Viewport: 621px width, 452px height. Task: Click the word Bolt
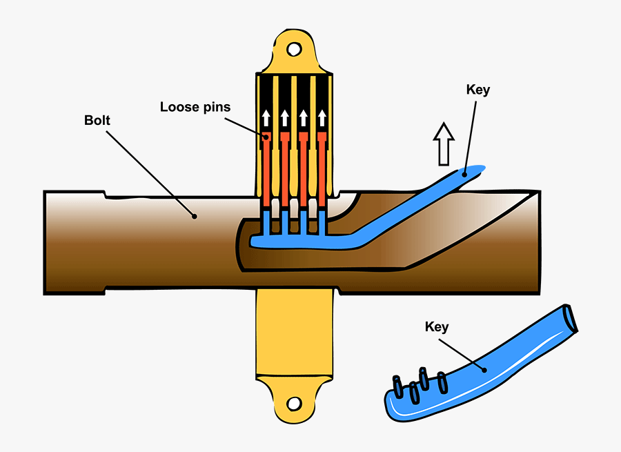tap(97, 121)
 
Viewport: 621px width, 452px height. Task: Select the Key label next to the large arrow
tap(477, 90)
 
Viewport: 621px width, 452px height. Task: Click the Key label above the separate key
tap(437, 326)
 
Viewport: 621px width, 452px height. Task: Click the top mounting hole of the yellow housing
tap(295, 50)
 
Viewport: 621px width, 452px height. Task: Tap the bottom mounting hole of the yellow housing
tap(295, 402)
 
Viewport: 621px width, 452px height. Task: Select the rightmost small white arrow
tap(321, 118)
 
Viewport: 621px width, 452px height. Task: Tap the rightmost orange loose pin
tap(321, 169)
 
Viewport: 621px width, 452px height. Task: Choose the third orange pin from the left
tap(303, 169)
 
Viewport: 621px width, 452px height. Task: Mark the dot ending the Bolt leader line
tap(195, 216)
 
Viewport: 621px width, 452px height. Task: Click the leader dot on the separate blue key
tap(486, 369)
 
